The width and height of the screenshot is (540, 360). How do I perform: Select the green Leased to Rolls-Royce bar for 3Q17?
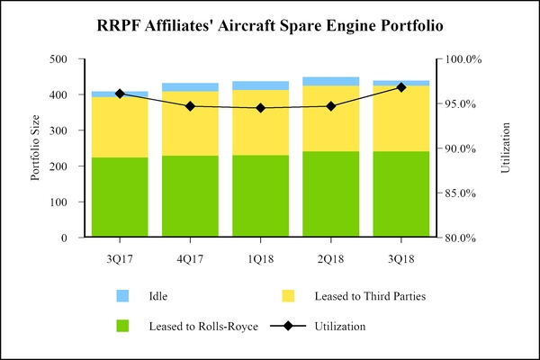click(x=120, y=198)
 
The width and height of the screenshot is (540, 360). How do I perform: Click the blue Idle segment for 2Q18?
click(x=329, y=81)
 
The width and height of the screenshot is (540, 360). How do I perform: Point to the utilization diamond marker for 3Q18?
click(x=400, y=87)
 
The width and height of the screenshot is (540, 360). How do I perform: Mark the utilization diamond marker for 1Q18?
click(x=260, y=108)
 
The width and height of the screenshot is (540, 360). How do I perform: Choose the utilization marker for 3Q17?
click(x=120, y=94)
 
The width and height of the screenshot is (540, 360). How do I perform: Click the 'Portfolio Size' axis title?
click(x=36, y=148)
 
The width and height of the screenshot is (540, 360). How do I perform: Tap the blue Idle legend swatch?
click(x=123, y=295)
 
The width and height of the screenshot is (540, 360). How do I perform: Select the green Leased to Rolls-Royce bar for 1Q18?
click(x=260, y=196)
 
